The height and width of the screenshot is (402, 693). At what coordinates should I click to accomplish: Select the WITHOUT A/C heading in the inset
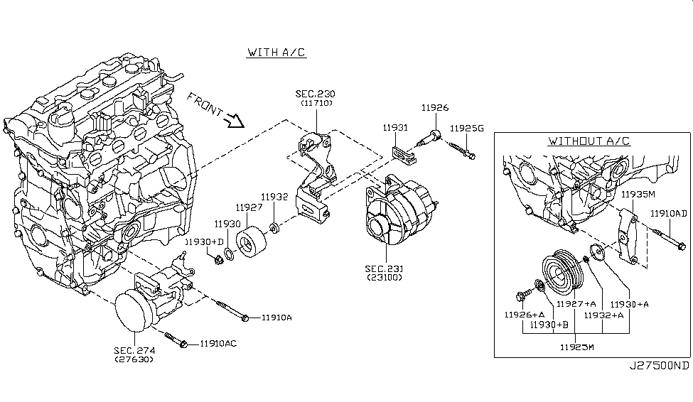(589, 141)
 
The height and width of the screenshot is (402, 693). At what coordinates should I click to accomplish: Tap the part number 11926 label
(435, 108)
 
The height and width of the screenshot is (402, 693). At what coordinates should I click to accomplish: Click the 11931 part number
(395, 128)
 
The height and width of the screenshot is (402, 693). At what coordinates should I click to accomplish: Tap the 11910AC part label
(218, 344)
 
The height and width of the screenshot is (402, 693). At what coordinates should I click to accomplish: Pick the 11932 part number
(274, 196)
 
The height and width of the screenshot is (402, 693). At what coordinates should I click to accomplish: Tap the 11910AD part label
(669, 212)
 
